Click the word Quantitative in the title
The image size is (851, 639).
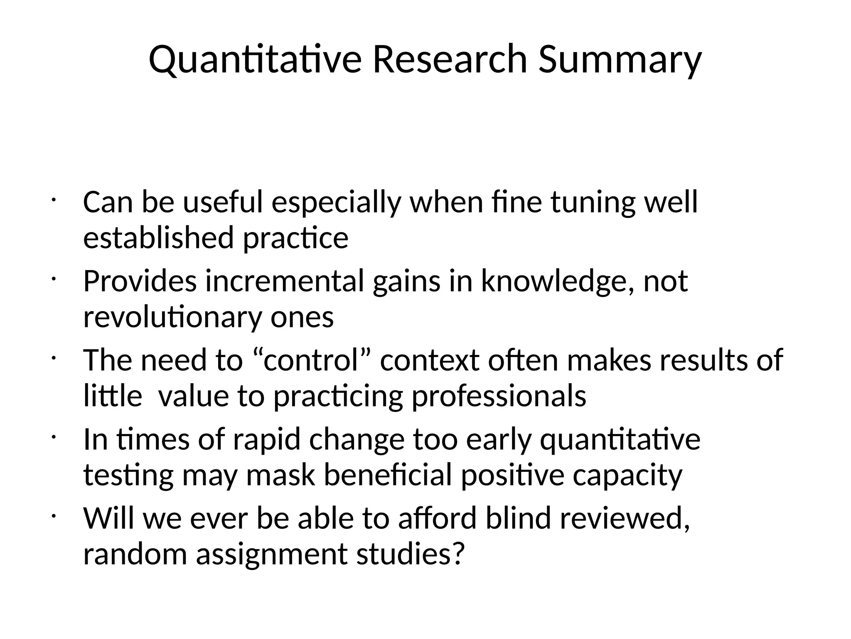click(x=255, y=59)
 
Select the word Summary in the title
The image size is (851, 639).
click(x=620, y=59)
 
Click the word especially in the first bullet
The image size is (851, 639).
click(x=336, y=203)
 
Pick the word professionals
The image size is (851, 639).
click(x=499, y=396)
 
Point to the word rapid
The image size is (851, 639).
click(x=266, y=439)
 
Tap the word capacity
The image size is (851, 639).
click(x=627, y=475)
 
